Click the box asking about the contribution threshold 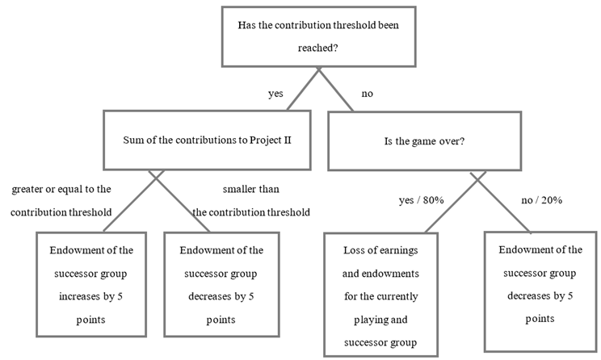tap(318, 36)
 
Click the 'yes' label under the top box tap(275, 94)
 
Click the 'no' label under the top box tap(367, 94)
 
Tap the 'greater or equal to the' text tap(61, 189)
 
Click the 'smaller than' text tap(250, 190)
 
